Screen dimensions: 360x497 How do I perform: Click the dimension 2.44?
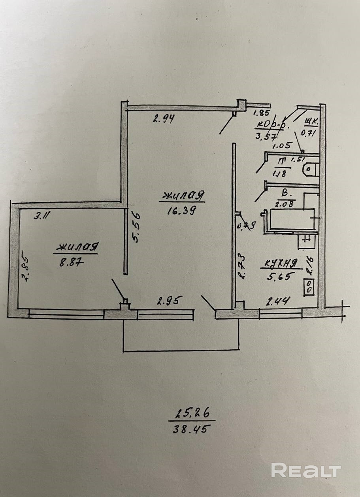279,302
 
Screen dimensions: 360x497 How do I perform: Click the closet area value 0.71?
308,133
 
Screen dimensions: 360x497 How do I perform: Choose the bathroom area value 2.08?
282,204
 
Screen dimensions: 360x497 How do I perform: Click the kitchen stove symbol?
309,286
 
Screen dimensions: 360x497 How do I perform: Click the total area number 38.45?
190,429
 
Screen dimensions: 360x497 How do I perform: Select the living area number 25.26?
191,415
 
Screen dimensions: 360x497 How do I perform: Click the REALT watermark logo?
306,471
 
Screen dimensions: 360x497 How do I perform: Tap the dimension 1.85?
261,113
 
